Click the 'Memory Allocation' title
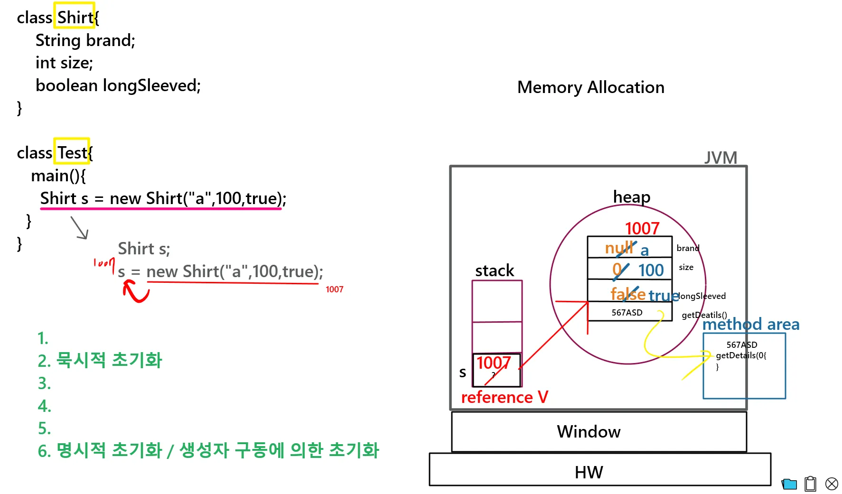tap(590, 87)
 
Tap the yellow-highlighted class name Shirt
tap(74, 17)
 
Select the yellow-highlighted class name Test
tap(72, 152)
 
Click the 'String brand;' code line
tap(85, 40)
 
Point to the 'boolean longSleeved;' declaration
tap(118, 85)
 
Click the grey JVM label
tap(720, 157)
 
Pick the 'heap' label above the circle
tap(631, 196)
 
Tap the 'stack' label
tap(494, 270)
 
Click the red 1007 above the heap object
tap(642, 228)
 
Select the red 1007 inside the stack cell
tap(493, 363)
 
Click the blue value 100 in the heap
tap(651, 270)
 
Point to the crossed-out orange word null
tap(619, 247)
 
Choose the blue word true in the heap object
tap(663, 296)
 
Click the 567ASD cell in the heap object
tap(627, 312)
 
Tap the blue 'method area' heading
tap(750, 324)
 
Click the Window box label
tap(589, 431)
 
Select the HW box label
tap(589, 472)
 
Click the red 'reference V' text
tap(504, 397)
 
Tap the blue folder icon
tap(789, 484)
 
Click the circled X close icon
tap(832, 484)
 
